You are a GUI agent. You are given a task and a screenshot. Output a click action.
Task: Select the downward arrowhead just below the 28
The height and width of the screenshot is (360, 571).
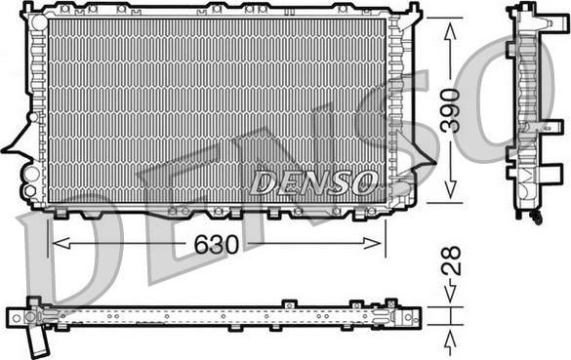pos(450,297)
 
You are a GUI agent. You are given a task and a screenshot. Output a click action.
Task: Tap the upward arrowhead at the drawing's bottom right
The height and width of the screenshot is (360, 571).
pos(450,339)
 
